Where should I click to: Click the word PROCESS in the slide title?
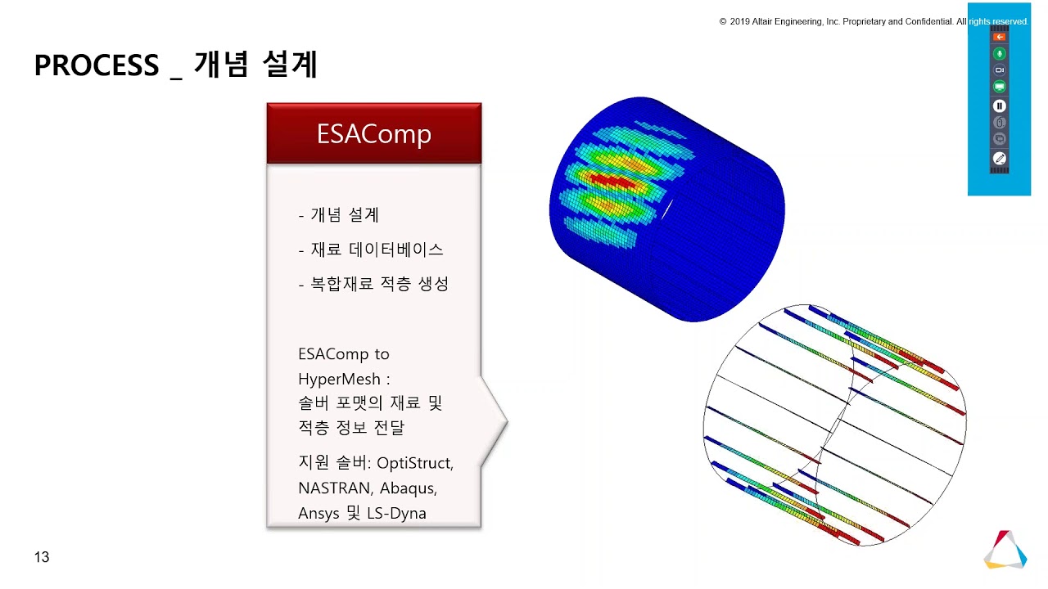point(96,65)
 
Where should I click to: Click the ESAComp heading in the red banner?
point(374,133)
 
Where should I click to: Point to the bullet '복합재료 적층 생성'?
point(379,284)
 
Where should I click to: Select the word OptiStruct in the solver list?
point(414,463)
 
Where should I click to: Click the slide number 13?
point(42,557)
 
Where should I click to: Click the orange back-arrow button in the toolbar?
point(999,37)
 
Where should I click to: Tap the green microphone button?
point(999,53)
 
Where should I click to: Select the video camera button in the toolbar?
point(999,70)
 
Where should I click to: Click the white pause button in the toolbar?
point(999,106)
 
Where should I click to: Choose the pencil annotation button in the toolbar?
point(999,157)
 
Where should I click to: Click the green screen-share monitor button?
point(999,87)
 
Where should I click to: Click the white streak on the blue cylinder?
point(666,209)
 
